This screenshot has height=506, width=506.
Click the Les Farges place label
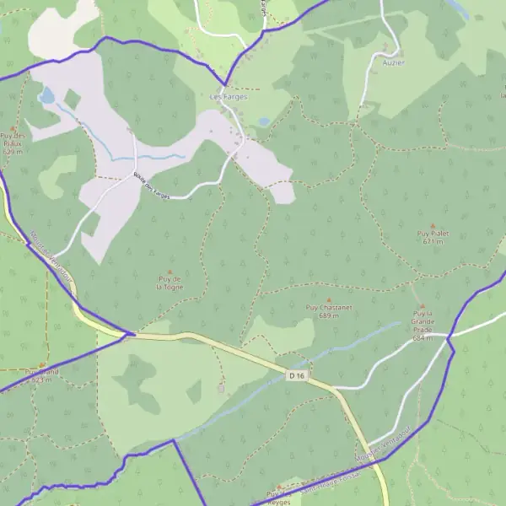click(228, 97)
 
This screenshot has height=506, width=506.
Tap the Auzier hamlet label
click(393, 62)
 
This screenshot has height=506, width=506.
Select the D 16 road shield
click(295, 374)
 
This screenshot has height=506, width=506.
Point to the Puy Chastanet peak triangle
click(323, 297)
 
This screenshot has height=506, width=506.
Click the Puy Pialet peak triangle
click(433, 225)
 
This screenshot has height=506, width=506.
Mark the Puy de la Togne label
click(170, 283)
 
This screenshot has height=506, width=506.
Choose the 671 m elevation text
click(433, 241)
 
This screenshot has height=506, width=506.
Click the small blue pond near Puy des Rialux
click(46, 96)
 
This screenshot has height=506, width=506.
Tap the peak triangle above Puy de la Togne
click(170, 271)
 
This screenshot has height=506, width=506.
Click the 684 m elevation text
click(423, 338)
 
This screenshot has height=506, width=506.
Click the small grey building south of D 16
click(222, 388)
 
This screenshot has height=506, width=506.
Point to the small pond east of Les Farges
click(265, 122)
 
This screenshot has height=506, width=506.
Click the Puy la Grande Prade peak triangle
click(423, 307)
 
